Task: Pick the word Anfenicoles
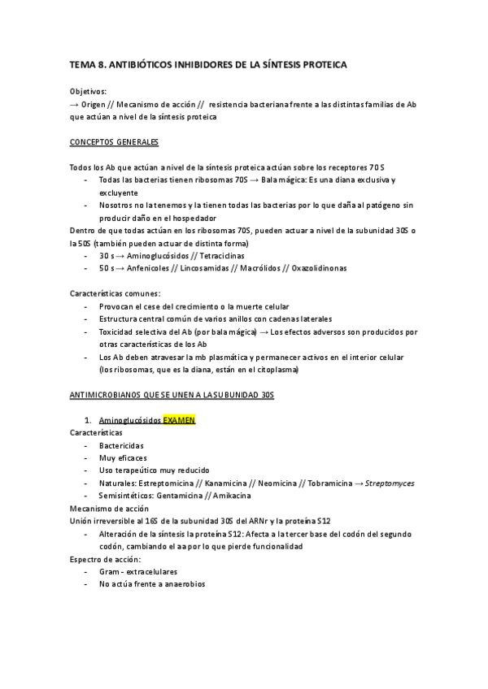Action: click(x=150, y=268)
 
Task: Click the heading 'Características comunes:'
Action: click(x=114, y=293)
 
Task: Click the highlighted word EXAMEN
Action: click(x=179, y=421)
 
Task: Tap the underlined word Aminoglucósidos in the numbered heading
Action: click(x=129, y=421)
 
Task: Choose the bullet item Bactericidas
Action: click(x=121, y=446)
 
